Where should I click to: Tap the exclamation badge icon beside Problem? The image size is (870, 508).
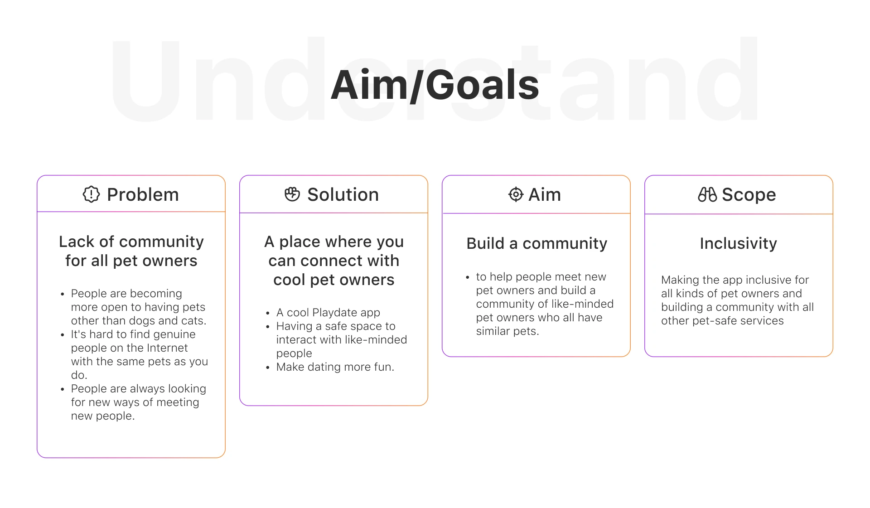coord(91,194)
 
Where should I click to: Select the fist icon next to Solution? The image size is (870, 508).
coord(292,194)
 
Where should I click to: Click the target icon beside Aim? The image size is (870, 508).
coord(516,194)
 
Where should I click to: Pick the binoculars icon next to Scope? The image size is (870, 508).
coord(707,194)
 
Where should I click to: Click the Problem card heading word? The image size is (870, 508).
coord(143,195)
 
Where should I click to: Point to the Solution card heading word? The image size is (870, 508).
coord(343,194)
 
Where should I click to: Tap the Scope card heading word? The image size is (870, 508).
coord(749,195)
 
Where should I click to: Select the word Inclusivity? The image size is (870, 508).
coord(738,243)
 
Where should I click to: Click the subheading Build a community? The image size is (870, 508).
coord(536,243)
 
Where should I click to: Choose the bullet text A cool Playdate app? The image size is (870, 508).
coord(328,313)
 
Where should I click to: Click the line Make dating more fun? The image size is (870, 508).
coord(335,367)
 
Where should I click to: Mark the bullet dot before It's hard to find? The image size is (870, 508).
coord(63,335)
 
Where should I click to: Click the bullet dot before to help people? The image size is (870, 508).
coord(468,277)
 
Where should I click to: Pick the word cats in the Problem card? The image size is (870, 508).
coord(193,321)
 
